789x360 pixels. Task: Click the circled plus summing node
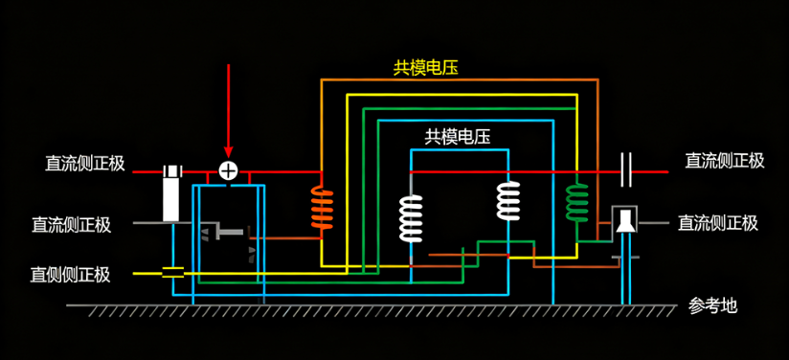228,170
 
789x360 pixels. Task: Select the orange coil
321,210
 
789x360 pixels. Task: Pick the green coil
576,202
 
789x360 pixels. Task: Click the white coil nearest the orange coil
411,217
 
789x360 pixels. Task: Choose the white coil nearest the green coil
507,201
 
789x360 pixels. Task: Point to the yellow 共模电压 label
425,67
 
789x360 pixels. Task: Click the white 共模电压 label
458,137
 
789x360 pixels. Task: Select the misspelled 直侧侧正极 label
71,275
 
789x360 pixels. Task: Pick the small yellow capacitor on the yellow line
172,273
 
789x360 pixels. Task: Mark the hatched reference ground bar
373,311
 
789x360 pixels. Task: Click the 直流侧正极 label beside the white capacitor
724,161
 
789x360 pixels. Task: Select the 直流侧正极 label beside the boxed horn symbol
718,223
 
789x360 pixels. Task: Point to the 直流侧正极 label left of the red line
84,163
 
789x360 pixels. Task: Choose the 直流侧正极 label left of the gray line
71,225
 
